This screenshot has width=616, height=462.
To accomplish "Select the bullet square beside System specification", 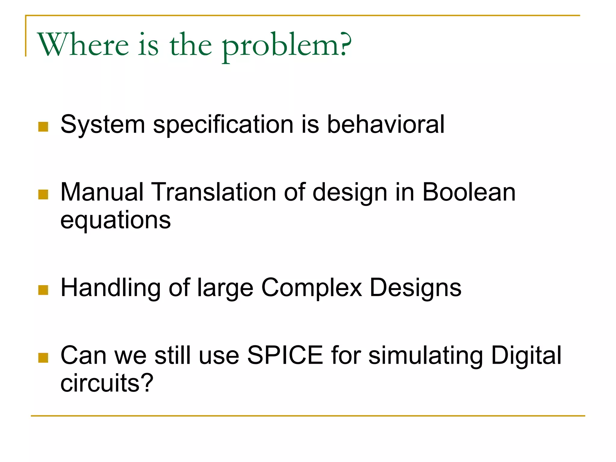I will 43,127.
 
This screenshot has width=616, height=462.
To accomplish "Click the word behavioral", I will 386,124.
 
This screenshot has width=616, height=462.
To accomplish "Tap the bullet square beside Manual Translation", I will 43,194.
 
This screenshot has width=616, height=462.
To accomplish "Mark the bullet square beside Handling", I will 43,290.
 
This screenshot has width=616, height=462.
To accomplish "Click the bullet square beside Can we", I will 43,358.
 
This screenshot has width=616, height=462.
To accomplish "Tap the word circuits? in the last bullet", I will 107,383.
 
